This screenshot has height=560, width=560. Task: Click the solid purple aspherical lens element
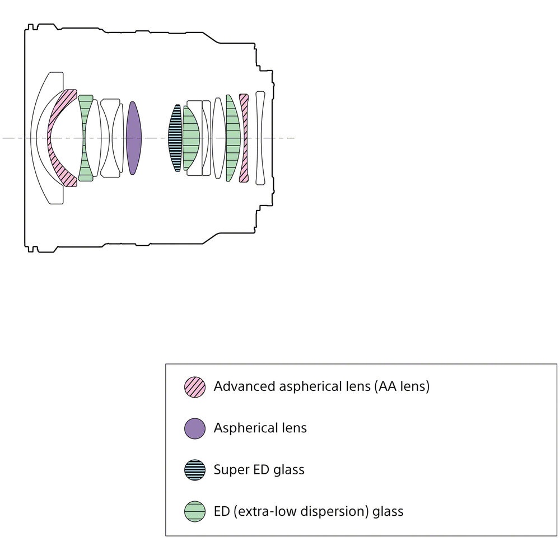(x=134, y=138)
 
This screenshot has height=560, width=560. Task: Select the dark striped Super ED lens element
(x=175, y=138)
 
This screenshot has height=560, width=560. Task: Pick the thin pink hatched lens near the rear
(x=244, y=138)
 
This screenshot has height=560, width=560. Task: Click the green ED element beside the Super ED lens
(x=191, y=138)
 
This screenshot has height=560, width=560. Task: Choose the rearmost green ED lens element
(x=232, y=138)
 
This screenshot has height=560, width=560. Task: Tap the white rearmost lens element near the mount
(x=260, y=138)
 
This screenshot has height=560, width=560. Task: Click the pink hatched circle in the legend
(x=195, y=387)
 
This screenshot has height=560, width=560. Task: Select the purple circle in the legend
(x=195, y=428)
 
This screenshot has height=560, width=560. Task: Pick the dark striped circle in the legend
(x=195, y=470)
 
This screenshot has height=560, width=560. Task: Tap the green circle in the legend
(x=195, y=511)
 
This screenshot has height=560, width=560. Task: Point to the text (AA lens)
(x=402, y=386)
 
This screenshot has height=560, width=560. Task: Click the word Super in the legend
(x=231, y=470)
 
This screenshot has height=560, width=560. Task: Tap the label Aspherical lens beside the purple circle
(x=260, y=428)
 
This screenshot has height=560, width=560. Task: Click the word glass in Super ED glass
(x=289, y=470)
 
